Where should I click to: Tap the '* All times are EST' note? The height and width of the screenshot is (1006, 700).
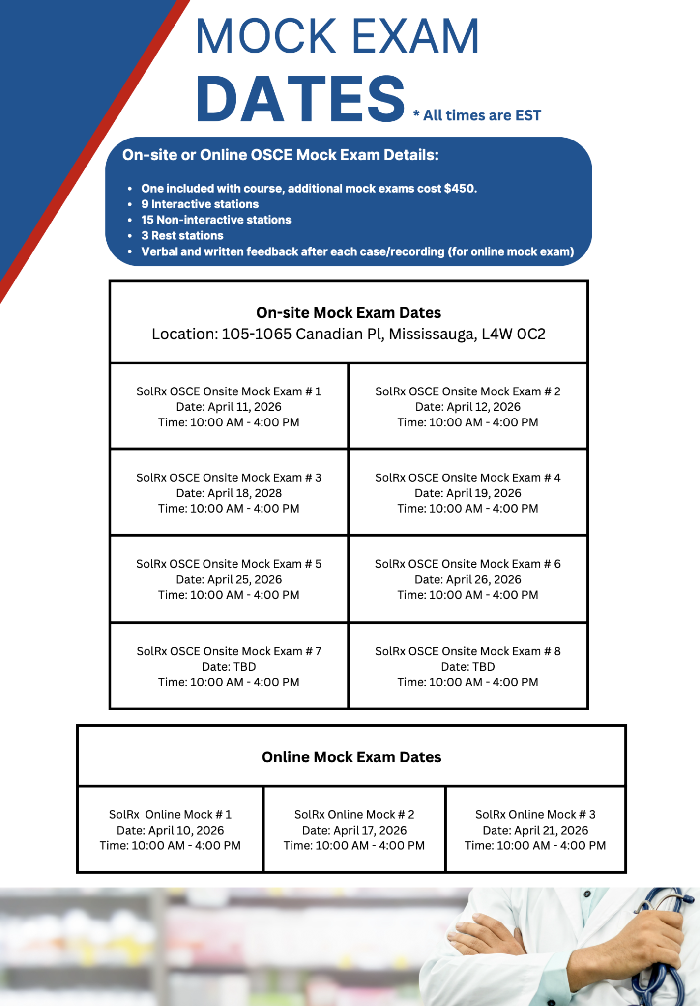(x=477, y=115)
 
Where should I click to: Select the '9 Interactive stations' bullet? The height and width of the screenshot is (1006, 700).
(x=200, y=204)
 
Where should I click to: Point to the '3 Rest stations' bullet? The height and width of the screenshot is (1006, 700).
(x=182, y=236)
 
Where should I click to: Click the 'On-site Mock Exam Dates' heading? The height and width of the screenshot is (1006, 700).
(x=349, y=313)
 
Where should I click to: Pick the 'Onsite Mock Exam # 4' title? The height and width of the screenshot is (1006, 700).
(x=467, y=478)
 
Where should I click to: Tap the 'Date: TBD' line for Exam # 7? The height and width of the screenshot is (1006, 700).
(x=229, y=667)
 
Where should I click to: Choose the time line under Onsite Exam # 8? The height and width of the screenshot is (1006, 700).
(x=467, y=682)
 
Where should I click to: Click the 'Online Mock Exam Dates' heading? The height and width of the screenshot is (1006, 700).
(x=351, y=757)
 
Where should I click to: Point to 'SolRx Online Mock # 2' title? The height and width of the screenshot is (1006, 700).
(x=354, y=815)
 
